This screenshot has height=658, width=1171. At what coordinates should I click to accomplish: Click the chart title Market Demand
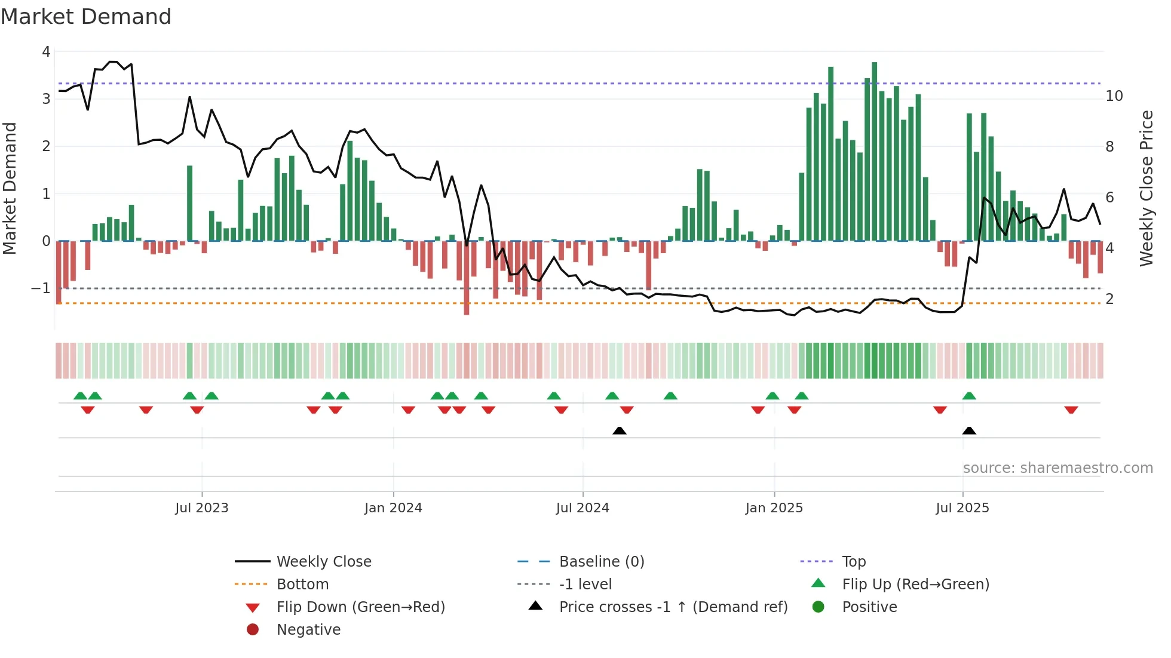point(86,17)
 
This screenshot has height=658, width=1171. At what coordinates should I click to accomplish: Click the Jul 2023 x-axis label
point(201,508)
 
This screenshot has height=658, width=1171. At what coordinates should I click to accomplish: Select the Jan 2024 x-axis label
point(393,508)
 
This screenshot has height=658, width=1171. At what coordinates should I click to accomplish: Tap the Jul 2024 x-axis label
point(583,508)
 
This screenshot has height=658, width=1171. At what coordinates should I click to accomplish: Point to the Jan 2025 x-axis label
point(774,508)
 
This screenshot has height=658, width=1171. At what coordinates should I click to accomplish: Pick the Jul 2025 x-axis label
point(962,508)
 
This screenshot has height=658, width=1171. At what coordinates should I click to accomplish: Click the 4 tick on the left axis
point(46,52)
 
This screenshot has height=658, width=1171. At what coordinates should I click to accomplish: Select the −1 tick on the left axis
point(41,288)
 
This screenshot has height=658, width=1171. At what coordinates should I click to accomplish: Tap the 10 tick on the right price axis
point(1114,96)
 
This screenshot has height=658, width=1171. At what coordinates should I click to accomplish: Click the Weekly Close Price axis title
point(1146,188)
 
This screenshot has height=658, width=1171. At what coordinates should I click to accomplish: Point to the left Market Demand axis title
point(10,188)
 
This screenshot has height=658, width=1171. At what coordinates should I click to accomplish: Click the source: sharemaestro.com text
point(1057,468)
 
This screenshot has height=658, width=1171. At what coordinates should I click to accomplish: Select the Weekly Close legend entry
point(323,561)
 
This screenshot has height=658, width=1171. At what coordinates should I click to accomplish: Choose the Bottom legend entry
point(302,584)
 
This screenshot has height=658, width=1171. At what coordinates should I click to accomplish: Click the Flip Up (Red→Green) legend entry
point(915,584)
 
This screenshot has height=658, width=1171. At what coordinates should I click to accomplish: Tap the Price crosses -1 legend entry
point(673,607)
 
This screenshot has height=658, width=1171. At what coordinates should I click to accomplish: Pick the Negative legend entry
point(308,629)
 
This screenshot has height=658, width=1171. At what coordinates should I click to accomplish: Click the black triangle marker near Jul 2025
point(969,431)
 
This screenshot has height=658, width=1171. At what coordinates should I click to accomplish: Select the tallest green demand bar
point(874,149)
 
